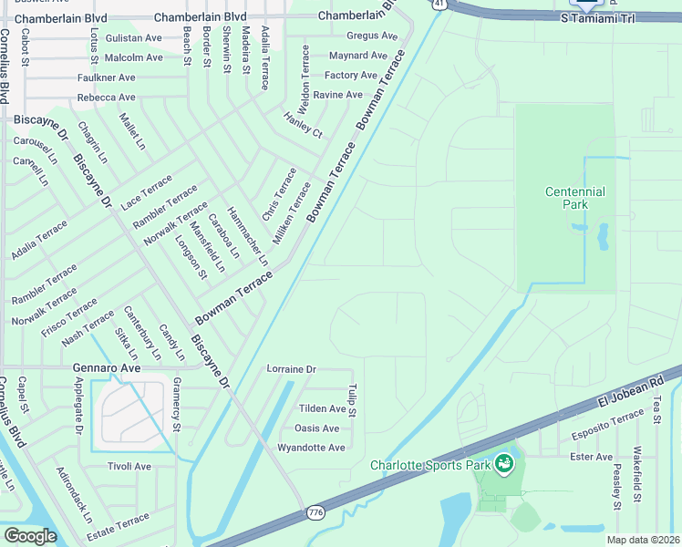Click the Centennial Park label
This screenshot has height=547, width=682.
(574, 199)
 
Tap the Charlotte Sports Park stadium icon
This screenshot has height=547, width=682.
(504, 465)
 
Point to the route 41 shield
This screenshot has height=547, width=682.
(439, 5)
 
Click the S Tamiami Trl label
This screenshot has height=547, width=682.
(595, 17)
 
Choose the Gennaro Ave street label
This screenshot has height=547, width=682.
(107, 368)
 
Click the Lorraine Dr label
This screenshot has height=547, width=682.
(291, 369)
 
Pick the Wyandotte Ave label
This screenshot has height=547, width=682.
(311, 448)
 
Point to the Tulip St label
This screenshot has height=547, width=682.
(352, 400)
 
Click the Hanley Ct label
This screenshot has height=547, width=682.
(304, 126)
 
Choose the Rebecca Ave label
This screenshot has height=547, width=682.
(107, 98)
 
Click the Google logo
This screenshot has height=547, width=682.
(30, 536)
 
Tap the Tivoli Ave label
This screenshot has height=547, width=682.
(129, 466)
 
